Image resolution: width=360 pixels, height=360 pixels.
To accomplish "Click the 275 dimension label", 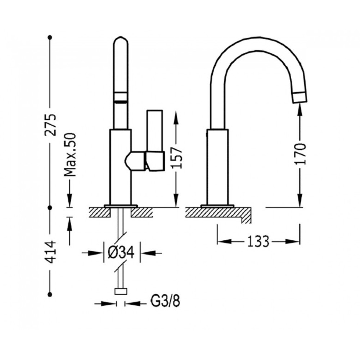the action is [x=50, y=125].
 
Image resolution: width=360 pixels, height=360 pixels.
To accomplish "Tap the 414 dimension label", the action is [x=50, y=252].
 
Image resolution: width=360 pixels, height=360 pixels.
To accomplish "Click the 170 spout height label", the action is [x=300, y=154].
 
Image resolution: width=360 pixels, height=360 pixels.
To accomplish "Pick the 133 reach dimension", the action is [x=258, y=242].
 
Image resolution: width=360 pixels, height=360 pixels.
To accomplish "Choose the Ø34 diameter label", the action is [x=121, y=253].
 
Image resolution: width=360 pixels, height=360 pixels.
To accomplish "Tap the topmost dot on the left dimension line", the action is [x=50, y=37].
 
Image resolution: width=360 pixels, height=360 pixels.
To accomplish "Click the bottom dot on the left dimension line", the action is [x=50, y=294].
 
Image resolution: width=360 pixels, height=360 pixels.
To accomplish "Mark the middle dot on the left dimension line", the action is [x=50, y=208].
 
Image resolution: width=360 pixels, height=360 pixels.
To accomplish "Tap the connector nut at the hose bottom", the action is [x=121, y=291].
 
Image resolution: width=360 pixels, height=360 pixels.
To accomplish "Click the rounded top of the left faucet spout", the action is [x=121, y=40].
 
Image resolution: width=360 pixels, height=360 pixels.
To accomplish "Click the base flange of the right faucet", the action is [x=217, y=206].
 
